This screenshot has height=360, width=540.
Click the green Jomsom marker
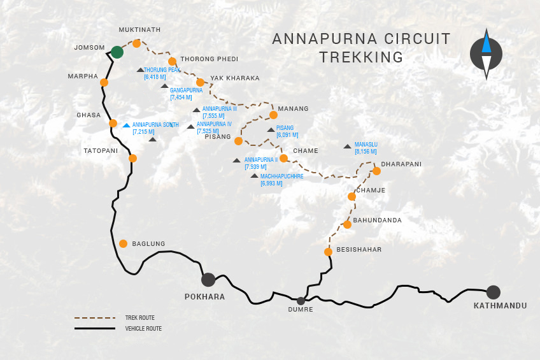pos(117,52)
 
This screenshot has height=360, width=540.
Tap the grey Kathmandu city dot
pos(493,292)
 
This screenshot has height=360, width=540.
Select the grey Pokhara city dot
pos(208,279)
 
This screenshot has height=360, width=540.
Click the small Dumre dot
pos(301,300)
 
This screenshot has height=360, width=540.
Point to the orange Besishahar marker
pos(328,252)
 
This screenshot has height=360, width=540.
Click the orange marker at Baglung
pos(123,243)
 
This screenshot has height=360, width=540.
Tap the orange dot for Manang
pos(273,115)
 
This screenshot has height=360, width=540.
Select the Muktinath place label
pos(139,29)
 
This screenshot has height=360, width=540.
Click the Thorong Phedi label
pos(201,59)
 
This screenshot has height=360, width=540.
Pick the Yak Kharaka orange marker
pos(200,82)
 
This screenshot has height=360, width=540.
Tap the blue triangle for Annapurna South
pos(126,125)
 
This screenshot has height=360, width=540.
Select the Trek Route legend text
pos(140,317)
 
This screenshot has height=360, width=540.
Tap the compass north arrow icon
pos(486,54)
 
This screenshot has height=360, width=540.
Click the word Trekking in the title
pos(361,57)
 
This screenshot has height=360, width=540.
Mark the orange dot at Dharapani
pos(376,171)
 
